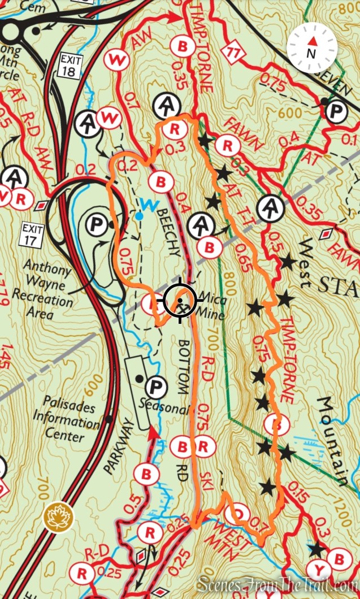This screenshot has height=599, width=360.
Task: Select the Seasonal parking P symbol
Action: pos(154,388)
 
